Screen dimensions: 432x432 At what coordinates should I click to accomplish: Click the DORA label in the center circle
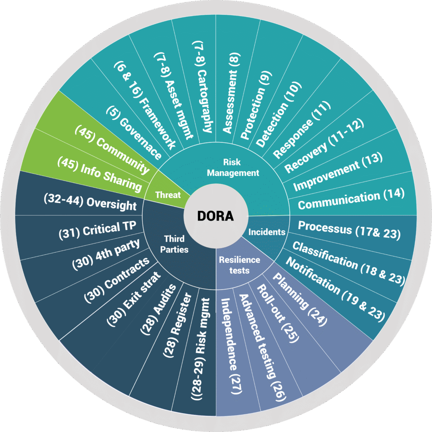pyautogui.click(x=216, y=216)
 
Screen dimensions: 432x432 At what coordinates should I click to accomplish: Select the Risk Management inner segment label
pyautogui.click(x=240, y=168)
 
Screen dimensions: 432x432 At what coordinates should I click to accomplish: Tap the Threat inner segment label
pyautogui.click(x=168, y=195)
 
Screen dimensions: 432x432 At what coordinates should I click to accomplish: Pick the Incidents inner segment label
pyautogui.click(x=267, y=232)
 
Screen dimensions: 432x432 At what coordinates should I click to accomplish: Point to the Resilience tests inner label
pyautogui.click(x=239, y=265)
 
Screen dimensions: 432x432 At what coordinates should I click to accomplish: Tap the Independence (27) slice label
pyautogui.click(x=232, y=346)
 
